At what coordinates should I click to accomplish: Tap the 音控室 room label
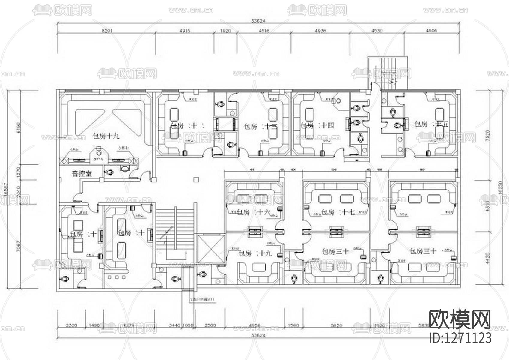(x=82, y=174)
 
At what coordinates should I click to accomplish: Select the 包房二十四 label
(x=317, y=126)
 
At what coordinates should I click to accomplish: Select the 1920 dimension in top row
(x=225, y=31)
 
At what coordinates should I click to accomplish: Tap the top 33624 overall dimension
(x=258, y=21)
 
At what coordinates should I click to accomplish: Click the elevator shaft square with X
(x=211, y=248)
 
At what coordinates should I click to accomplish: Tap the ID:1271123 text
(x=460, y=338)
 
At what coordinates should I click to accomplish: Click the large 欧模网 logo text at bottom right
(x=460, y=320)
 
